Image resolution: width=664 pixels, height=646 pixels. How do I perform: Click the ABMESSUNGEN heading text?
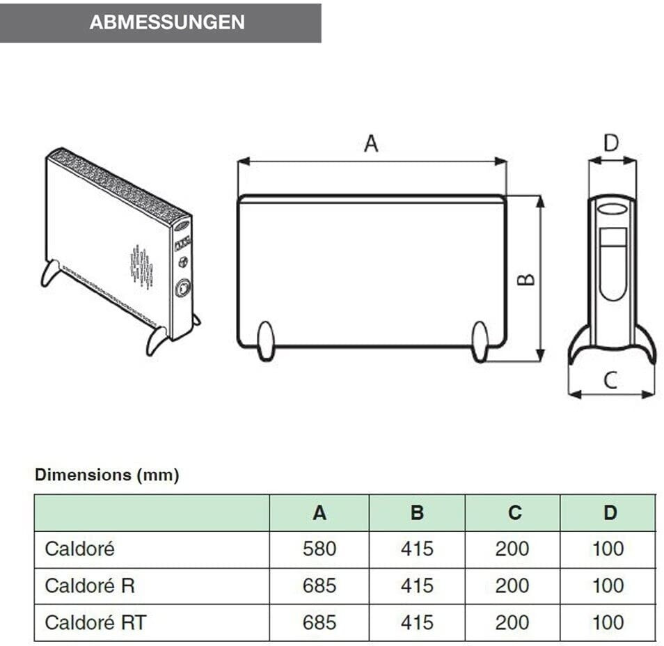click(167, 22)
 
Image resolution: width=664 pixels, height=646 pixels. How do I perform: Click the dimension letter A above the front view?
click(371, 143)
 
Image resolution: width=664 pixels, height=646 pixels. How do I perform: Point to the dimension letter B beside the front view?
click(526, 278)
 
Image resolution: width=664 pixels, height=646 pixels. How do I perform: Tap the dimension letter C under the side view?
click(610, 380)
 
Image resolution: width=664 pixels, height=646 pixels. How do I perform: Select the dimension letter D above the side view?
click(610, 143)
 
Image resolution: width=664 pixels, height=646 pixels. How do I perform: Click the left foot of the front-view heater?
click(265, 340)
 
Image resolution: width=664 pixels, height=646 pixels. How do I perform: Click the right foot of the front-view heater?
click(480, 341)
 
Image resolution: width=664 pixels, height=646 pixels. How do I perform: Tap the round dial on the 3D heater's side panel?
click(183, 287)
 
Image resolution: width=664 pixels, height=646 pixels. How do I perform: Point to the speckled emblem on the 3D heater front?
click(142, 267)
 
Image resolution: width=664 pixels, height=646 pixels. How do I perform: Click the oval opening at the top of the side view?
click(612, 209)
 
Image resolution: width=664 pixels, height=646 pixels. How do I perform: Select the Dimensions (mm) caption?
click(106, 475)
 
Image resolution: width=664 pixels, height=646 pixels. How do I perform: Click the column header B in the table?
click(417, 513)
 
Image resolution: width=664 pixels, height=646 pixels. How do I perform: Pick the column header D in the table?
click(610, 513)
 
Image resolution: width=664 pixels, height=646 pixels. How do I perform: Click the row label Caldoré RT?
click(95, 622)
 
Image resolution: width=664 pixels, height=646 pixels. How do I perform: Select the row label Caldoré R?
click(90, 585)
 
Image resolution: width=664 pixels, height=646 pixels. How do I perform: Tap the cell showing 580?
click(319, 549)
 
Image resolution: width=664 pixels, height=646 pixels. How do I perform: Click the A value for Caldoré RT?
click(319, 622)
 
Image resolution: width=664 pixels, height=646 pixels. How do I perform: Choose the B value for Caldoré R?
click(417, 585)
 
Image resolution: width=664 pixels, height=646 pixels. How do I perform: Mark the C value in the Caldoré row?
click(512, 549)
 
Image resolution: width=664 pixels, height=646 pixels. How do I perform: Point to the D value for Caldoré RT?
click(608, 622)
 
